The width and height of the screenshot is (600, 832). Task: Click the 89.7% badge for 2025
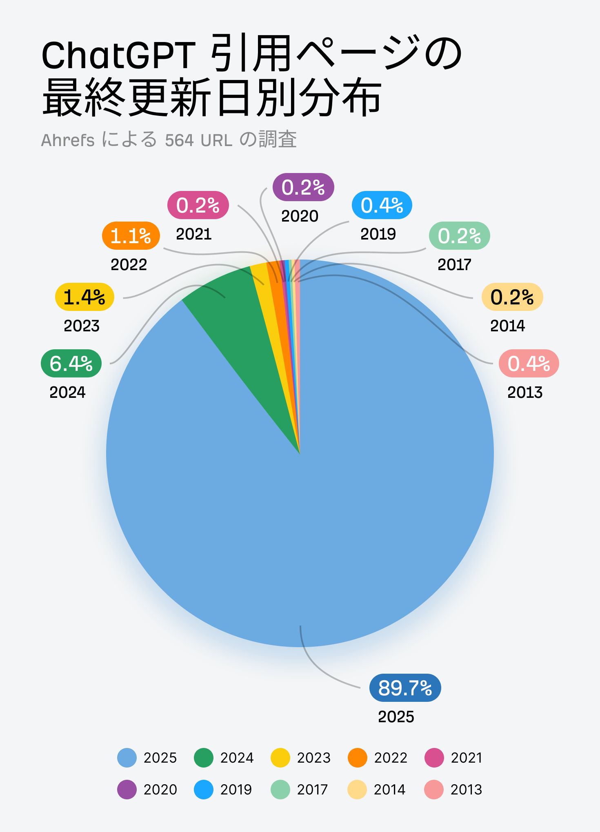point(405,688)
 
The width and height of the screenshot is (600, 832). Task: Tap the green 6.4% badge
point(71,363)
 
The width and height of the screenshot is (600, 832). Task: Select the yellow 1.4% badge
point(84,297)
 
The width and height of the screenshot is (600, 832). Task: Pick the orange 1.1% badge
point(131,235)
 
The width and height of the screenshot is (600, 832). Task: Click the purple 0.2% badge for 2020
point(303,187)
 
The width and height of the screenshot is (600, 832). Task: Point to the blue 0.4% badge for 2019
point(382,205)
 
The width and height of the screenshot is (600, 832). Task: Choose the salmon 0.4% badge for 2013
point(529,363)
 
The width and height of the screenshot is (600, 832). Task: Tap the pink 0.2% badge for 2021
point(198,205)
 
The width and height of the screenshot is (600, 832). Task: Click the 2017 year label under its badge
point(454,265)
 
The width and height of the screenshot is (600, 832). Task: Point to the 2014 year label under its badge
point(507,326)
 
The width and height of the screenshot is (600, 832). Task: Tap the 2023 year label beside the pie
point(82,326)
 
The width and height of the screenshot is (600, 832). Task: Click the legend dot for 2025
point(127,758)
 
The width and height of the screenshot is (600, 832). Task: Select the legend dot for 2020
point(127,790)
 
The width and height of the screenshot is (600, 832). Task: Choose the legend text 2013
point(466,790)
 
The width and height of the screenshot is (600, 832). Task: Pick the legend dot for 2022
point(358,758)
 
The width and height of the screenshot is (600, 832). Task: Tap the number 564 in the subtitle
point(179,140)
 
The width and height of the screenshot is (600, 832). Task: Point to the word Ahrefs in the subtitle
point(68,140)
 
